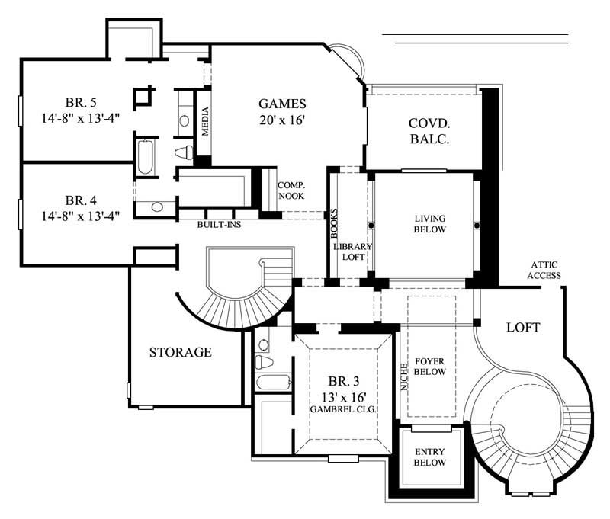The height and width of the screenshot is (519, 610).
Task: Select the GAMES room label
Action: click(282, 104)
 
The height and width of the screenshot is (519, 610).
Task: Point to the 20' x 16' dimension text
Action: click(282, 120)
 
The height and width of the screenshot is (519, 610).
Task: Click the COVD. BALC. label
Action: click(428, 130)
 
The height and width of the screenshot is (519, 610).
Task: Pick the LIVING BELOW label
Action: click(429, 223)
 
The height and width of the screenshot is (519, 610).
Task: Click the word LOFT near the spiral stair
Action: click(523, 328)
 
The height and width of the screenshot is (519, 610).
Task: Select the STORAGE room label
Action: click(180, 352)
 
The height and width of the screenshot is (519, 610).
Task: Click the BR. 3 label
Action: click(339, 381)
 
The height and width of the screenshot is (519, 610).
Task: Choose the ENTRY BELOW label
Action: click(431, 457)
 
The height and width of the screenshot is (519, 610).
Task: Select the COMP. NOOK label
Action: click(291, 191)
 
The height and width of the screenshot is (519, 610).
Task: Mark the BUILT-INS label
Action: click(216, 226)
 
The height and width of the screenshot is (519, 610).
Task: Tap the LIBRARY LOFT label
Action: click(352, 252)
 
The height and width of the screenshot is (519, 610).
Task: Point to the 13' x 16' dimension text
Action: click(339, 396)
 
